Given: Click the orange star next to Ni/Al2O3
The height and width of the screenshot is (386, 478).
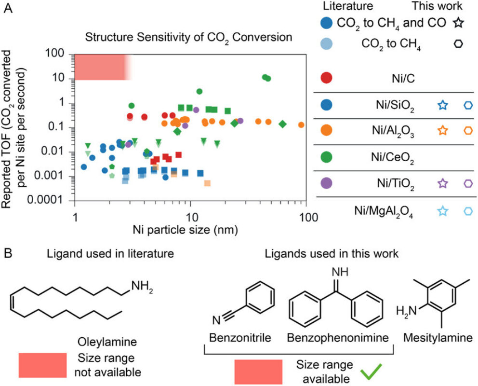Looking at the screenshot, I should (443, 130).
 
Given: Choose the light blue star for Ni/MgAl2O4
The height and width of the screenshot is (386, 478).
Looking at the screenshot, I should (443, 210).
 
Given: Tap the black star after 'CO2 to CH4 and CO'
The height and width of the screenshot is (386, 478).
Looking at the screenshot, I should (458, 22).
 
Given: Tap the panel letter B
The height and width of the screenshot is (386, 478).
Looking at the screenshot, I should (8, 252).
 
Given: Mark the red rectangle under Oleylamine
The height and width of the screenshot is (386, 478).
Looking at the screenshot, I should (43, 365).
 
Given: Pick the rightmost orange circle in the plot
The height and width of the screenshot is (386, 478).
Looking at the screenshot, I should (301, 124).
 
